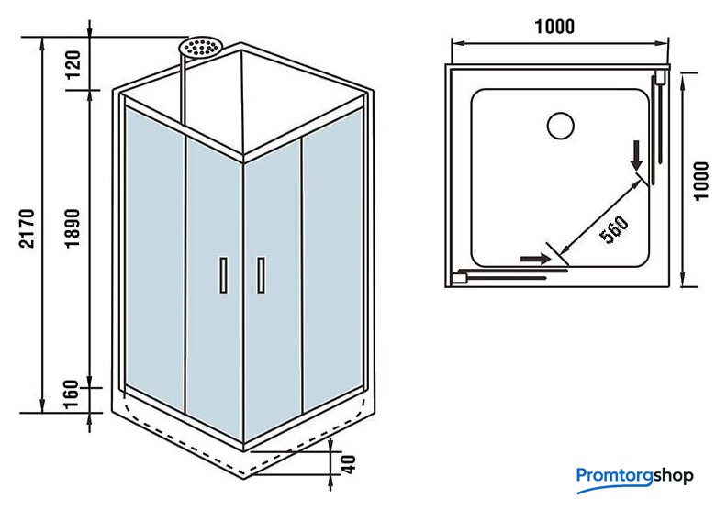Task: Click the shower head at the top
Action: pos(202,47)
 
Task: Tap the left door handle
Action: pos(222,275)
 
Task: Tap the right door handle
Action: pos(262,275)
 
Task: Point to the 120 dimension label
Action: pos(74,64)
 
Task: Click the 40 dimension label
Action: pos(346,463)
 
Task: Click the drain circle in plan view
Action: pos(560,125)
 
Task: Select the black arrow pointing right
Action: pos(532,260)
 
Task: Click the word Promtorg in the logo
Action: pos(617,475)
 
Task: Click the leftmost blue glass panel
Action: pos(155,257)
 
